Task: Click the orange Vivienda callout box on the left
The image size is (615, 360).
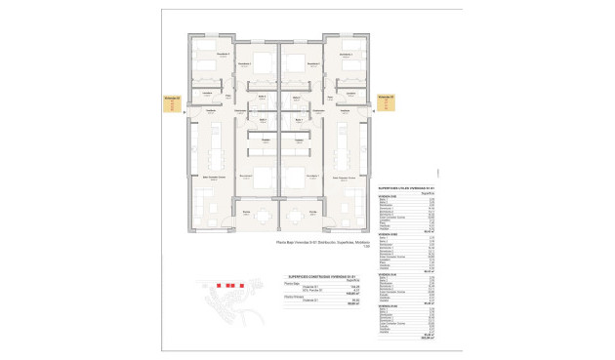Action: click(170, 103)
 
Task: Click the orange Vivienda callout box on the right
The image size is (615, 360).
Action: click(387, 103)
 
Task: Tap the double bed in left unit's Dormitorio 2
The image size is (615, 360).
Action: click(262, 61)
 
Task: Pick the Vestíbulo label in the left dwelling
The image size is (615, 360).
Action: click(210, 110)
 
